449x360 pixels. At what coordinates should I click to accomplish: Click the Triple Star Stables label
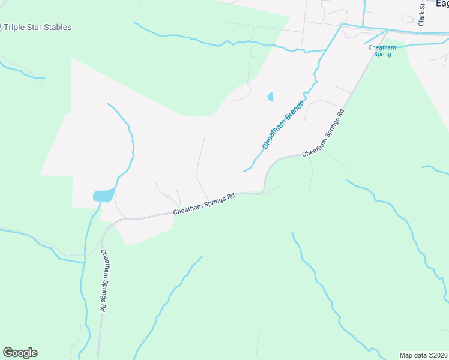[38, 28]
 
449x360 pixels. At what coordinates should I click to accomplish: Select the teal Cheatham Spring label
[382, 50]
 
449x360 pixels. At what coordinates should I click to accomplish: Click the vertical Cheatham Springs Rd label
[104, 280]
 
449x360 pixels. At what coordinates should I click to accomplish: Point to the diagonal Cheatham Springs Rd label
[324, 133]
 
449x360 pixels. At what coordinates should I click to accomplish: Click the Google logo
[20, 353]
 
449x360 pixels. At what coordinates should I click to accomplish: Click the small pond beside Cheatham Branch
[270, 97]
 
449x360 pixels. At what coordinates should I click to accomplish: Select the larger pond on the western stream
[103, 196]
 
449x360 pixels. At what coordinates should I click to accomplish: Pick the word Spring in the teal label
[382, 54]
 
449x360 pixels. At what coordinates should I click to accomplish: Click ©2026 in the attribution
[436, 355]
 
